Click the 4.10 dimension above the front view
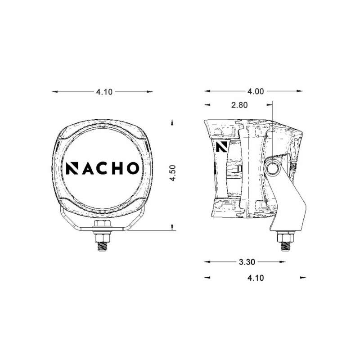[x=103, y=92]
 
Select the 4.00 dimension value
[x=255, y=91]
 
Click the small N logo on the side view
[x=221, y=147]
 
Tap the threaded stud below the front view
[x=102, y=245]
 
